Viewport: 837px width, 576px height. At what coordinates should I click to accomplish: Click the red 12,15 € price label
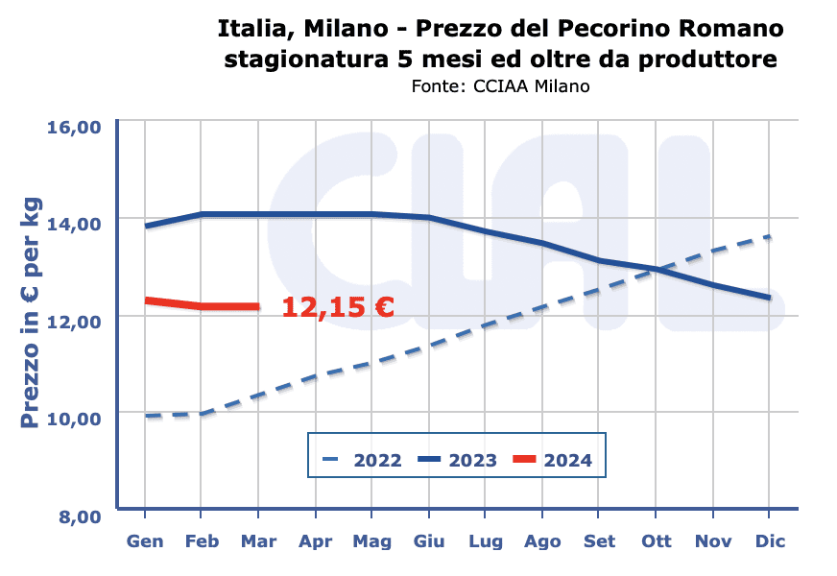coord(338,307)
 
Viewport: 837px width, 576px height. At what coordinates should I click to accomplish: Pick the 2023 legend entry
coord(457,461)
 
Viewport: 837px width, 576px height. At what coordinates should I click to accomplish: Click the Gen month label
coord(145,541)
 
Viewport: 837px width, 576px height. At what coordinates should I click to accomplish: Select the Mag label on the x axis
coord(371,541)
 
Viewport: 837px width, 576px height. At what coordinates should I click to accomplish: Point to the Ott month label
coord(657,541)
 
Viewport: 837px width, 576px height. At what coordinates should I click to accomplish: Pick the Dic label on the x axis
coord(770,541)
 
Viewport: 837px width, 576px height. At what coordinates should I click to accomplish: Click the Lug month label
coord(486,541)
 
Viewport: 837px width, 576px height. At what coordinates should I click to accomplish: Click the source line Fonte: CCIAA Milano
coord(499,85)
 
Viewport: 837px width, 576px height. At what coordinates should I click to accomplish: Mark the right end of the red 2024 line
coord(258,307)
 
